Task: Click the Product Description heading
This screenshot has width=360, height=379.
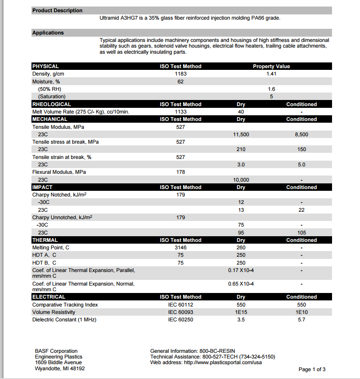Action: tap(57, 10)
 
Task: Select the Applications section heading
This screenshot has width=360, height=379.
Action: tap(48, 33)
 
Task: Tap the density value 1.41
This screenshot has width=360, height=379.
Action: tap(271, 74)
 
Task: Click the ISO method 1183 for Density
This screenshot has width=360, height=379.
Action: tap(180, 74)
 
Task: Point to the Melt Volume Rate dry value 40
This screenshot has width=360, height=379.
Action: tap(241, 112)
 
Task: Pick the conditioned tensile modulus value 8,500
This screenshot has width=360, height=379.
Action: tap(301, 134)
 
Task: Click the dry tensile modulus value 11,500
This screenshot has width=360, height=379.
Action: tap(241, 134)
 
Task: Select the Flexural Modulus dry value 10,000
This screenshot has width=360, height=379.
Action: tap(241, 180)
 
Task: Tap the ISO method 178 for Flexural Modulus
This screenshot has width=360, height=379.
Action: tap(180, 172)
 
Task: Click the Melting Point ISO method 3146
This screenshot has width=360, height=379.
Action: tap(180, 248)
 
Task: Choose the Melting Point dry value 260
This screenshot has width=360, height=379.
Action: tap(241, 248)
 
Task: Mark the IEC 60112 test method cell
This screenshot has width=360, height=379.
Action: tap(180, 305)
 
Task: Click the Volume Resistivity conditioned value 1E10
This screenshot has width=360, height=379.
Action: tap(301, 312)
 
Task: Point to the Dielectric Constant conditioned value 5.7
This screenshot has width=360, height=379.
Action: tap(301, 320)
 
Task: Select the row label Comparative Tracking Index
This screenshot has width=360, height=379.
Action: tap(65, 305)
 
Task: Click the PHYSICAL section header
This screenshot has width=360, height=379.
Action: tap(45, 66)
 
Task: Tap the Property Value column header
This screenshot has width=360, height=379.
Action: tap(271, 66)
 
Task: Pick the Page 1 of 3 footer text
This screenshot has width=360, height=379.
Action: tap(312, 369)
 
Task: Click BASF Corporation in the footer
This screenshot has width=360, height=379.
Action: tap(56, 351)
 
